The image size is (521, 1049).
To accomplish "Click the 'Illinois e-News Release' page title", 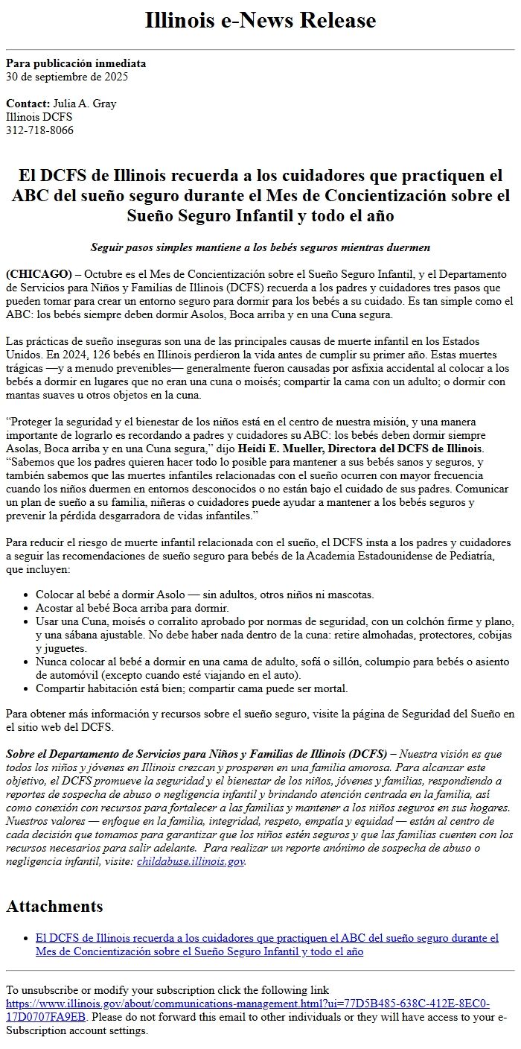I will [x=260, y=21].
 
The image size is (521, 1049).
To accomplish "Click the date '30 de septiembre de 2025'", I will [x=67, y=76].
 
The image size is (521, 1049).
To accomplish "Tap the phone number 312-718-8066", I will [x=39, y=130].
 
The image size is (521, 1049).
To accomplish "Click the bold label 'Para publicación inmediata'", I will [x=76, y=63].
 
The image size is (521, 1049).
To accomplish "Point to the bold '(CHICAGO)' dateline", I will [x=39, y=273].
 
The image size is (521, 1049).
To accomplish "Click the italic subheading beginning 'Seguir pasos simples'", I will [x=260, y=247].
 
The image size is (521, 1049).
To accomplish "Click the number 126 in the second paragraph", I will [x=103, y=354].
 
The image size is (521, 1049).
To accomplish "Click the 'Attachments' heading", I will [x=54, y=906].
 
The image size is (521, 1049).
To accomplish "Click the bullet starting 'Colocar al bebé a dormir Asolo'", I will [x=205, y=595].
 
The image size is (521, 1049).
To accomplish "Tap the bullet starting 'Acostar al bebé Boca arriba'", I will [x=132, y=608].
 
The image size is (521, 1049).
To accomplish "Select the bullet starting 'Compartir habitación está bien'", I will [x=191, y=688].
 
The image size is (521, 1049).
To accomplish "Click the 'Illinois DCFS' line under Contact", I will [x=39, y=117].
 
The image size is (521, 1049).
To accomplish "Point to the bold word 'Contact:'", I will [x=28, y=104].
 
